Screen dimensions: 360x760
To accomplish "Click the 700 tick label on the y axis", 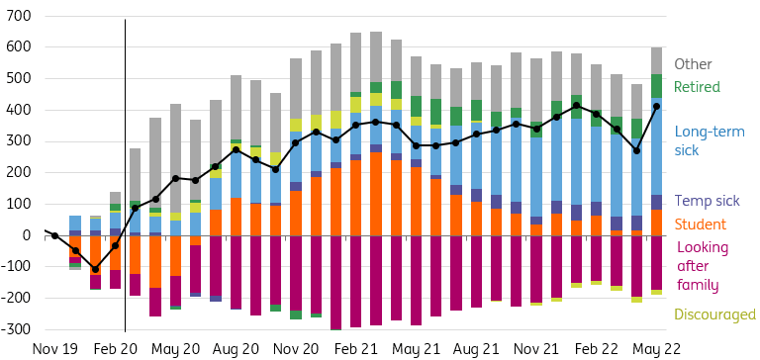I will click(x=18, y=16).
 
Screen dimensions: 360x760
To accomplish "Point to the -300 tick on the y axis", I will click(x=15, y=329).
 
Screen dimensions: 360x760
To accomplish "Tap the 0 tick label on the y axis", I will click(x=28, y=235).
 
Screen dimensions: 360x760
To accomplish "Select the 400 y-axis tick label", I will click(x=18, y=110).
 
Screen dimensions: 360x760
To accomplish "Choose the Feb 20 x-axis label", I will click(x=116, y=349).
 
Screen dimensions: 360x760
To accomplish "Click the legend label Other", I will click(x=693, y=64).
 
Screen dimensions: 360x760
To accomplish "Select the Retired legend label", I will click(x=697, y=87).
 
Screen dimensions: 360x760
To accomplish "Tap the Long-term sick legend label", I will click(x=710, y=141).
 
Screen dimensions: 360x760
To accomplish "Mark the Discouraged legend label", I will click(x=714, y=315).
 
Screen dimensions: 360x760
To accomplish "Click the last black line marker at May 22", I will click(x=656, y=106).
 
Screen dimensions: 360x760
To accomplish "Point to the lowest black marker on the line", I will click(x=96, y=269).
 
